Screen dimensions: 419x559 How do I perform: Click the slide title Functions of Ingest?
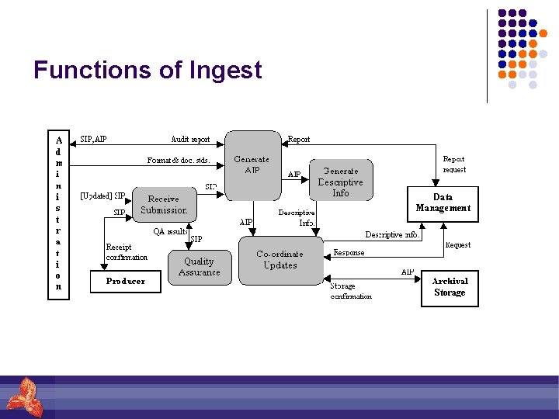click(x=148, y=71)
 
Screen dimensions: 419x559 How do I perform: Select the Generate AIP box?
click(x=252, y=164)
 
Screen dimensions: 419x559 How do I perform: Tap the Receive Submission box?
click(x=164, y=205)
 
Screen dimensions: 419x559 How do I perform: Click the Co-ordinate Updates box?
click(x=280, y=259)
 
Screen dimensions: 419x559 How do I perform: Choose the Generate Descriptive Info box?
click(x=341, y=182)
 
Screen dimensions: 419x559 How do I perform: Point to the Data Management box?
click(x=443, y=203)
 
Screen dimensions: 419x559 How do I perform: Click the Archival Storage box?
click(x=450, y=287)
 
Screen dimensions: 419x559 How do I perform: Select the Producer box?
click(x=126, y=281)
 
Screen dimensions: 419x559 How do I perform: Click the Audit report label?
click(x=190, y=140)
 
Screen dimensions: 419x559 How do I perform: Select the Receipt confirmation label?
click(x=127, y=252)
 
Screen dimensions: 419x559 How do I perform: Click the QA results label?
click(x=169, y=231)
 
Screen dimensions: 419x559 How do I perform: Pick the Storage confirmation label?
click(x=351, y=291)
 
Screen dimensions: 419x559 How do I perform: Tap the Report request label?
click(x=454, y=164)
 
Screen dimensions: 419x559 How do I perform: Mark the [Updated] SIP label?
click(x=103, y=196)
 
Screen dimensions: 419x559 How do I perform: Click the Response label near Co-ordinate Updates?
click(x=349, y=253)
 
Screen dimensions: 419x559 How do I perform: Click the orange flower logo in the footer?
click(x=23, y=396)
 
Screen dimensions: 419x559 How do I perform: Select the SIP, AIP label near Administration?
click(x=94, y=140)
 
